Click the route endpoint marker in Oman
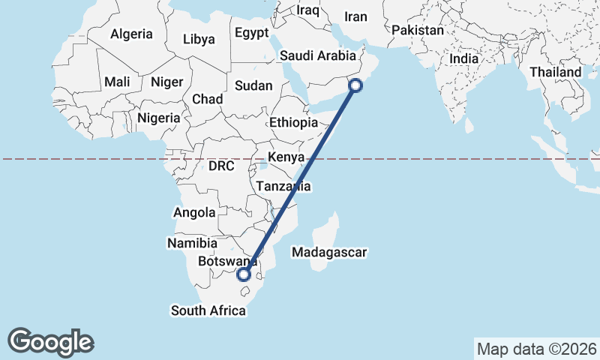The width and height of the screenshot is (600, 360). (x=355, y=86)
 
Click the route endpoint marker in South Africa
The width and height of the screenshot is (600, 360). (x=244, y=274)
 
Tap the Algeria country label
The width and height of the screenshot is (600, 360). (x=131, y=34)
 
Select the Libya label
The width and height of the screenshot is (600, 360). (x=199, y=39)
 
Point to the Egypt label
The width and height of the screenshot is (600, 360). (x=251, y=33)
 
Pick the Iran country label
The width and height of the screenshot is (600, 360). (x=356, y=16)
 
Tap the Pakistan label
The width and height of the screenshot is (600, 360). (x=418, y=31)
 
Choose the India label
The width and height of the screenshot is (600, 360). (x=463, y=58)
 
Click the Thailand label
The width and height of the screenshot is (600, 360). (x=556, y=72)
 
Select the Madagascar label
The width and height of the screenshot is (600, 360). (x=329, y=253)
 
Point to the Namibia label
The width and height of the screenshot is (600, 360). (x=193, y=244)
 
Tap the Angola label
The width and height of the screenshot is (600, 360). (x=194, y=213)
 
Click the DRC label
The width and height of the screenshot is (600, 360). (x=222, y=164)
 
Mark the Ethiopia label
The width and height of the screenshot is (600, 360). (x=293, y=122)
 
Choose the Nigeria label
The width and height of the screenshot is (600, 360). (x=158, y=118)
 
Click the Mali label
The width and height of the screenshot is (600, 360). (x=117, y=82)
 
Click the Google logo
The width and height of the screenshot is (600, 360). (x=51, y=341)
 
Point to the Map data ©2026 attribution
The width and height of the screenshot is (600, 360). (x=537, y=349)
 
